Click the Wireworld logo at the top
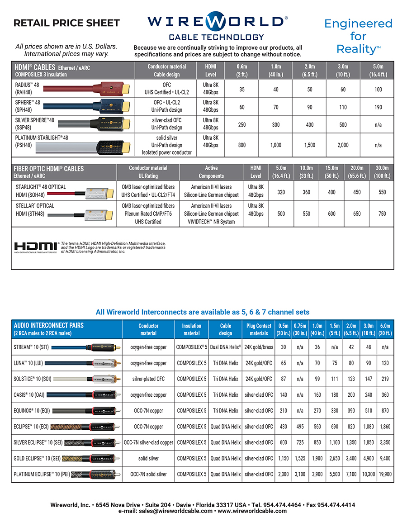(x=216, y=23)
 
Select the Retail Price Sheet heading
(x=66, y=23)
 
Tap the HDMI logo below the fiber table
(x=36, y=247)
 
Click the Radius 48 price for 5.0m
(x=378, y=90)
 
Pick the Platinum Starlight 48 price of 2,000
(x=343, y=145)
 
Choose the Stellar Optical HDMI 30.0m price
(x=382, y=214)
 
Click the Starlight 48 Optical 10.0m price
(x=307, y=192)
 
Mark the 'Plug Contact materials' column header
(x=259, y=329)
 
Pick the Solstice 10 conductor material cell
(x=148, y=379)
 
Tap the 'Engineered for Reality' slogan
(x=359, y=36)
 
